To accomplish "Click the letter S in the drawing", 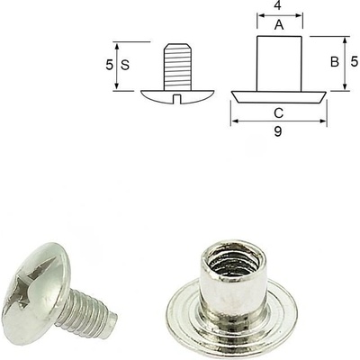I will point(126,66).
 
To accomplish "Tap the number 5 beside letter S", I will point(110,66).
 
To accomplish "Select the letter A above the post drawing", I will point(278,26).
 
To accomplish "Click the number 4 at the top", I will point(278,8).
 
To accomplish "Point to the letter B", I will point(334,62).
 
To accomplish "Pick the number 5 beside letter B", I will point(354,62).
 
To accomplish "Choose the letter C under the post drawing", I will point(278,112).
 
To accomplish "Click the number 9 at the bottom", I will point(278,130).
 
